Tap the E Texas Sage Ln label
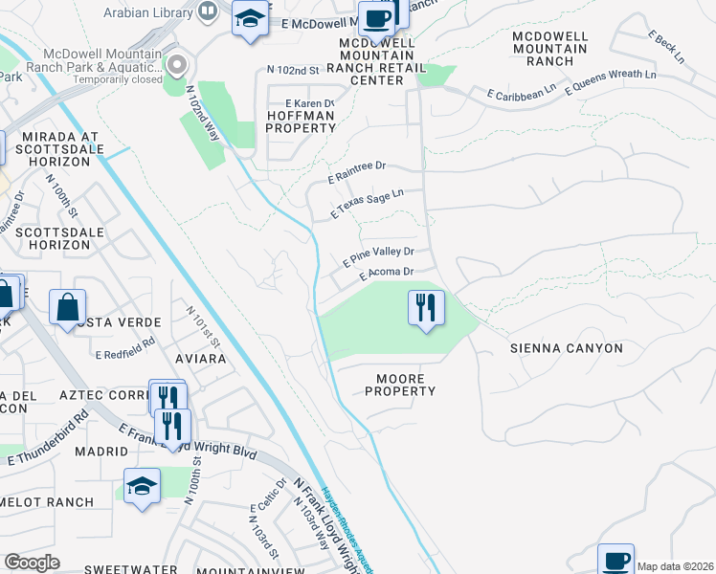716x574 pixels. (367, 205)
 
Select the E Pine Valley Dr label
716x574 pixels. (378, 255)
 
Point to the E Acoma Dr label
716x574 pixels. (386, 274)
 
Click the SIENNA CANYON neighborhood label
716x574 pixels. (567, 348)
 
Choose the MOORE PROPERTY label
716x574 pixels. (400, 385)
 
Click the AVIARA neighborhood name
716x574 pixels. (200, 358)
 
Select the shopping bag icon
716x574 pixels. (68, 308)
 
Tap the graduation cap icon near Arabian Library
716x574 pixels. (250, 19)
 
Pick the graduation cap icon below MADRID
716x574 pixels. (142, 486)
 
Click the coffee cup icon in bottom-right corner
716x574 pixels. (615, 561)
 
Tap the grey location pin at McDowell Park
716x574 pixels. (176, 66)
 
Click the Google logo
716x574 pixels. (33, 563)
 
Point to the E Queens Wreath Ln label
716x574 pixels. (611, 81)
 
